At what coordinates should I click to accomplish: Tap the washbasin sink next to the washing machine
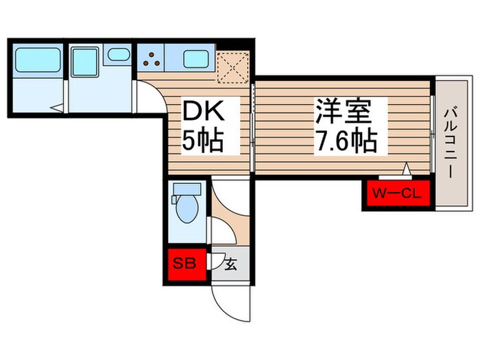119,54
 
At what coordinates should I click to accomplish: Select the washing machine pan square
85,61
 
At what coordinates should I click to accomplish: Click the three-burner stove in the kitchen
152,60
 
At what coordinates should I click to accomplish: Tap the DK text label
202,112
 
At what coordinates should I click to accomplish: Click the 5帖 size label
202,141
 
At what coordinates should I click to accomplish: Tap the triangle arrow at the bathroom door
58,107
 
